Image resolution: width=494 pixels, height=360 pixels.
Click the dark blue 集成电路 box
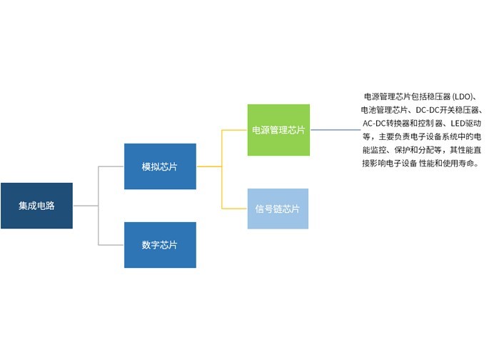pyautogui.click(x=36, y=206)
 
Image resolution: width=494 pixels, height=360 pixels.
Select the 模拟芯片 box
pyautogui.click(x=160, y=166)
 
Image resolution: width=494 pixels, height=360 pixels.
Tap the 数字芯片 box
pyautogui.click(x=160, y=245)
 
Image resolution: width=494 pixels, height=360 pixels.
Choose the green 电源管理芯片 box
pyautogui.click(x=278, y=130)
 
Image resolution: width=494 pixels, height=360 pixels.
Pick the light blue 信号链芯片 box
pyautogui.click(x=278, y=209)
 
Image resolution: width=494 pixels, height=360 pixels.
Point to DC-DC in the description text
pyautogui.click(x=431, y=111)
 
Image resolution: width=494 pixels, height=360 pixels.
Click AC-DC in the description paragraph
pyautogui.click(x=378, y=124)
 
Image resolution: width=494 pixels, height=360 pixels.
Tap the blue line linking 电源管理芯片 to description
pyautogui.click(x=336, y=130)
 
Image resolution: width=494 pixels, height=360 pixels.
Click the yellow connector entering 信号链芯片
pyautogui.click(x=236, y=209)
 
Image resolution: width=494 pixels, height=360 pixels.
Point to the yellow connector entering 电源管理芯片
pyautogui.click(x=236, y=130)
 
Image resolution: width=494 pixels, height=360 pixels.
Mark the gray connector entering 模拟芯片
pyautogui.click(x=111, y=166)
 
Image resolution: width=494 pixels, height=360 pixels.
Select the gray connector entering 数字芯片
pyautogui.click(x=111, y=245)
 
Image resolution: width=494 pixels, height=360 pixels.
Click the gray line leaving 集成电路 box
pyautogui.click(x=85, y=206)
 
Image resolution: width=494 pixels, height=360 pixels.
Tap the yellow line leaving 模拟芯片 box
pyautogui.click(x=208, y=166)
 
